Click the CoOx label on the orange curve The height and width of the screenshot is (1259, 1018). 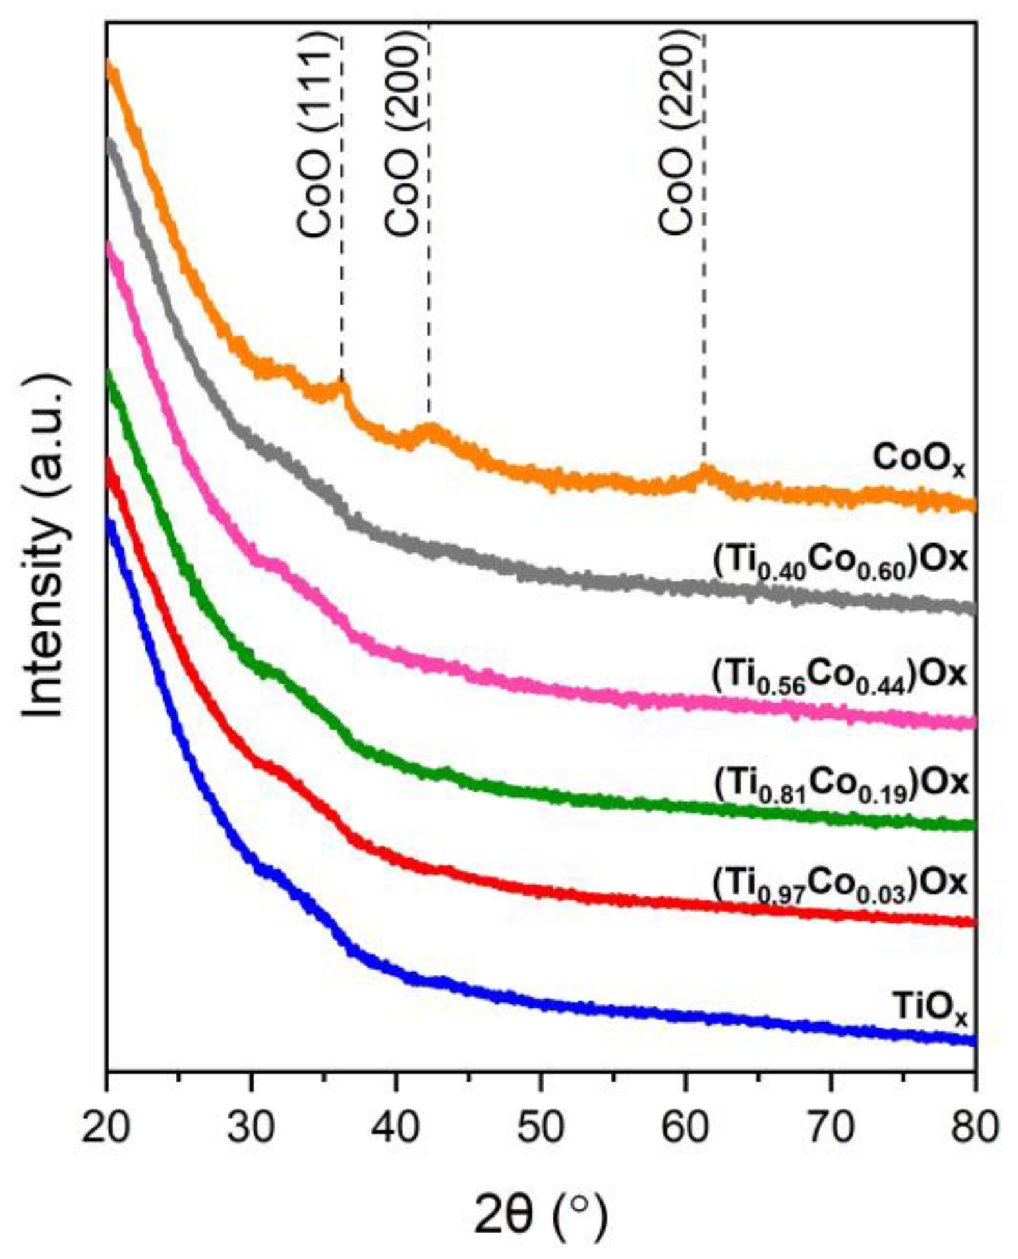click(x=919, y=460)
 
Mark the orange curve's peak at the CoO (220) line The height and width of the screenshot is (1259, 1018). click(x=706, y=471)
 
